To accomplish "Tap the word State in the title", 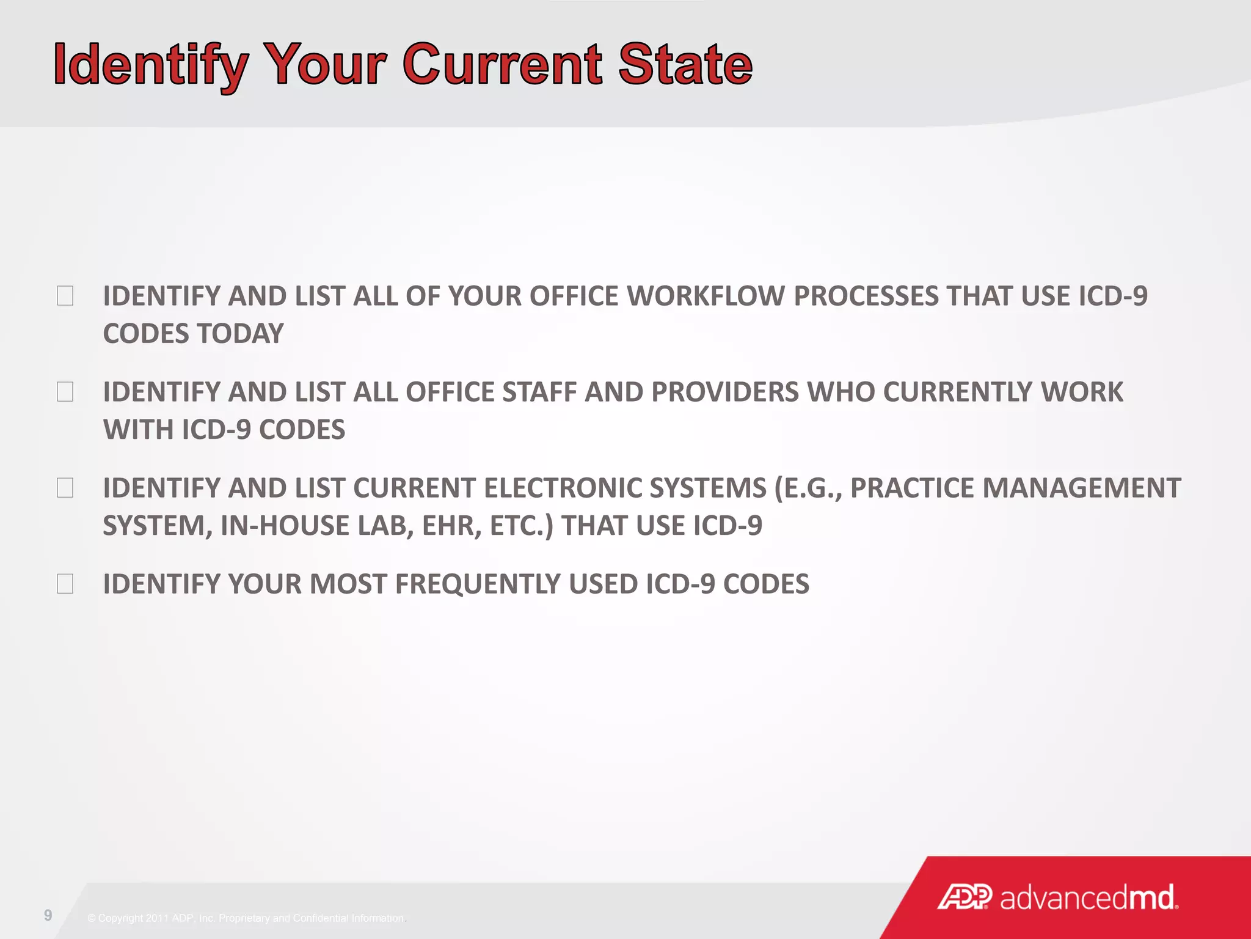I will [x=685, y=65].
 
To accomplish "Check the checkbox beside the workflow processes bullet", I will [x=65, y=296].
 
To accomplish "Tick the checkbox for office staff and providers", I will [x=65, y=392].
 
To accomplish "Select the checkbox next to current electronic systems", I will [x=65, y=488].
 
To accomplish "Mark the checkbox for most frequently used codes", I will [x=65, y=584].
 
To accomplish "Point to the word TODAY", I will [x=240, y=334].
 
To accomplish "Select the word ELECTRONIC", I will [x=562, y=488].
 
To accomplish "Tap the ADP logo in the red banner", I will [x=965, y=897].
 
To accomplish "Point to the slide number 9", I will [x=48, y=915].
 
